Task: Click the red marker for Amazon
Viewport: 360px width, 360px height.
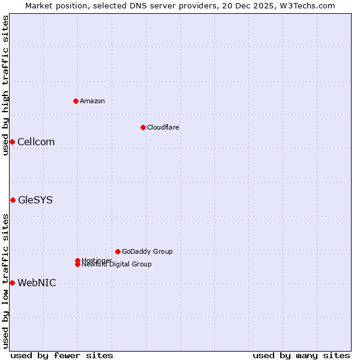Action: tap(76, 101)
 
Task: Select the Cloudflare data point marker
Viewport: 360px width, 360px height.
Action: tap(143, 127)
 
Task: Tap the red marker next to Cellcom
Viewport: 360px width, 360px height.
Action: tap(12, 142)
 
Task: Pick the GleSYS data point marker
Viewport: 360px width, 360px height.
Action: tap(13, 200)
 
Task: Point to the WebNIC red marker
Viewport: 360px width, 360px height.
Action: tap(12, 283)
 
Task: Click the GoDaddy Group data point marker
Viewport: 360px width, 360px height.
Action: tap(118, 251)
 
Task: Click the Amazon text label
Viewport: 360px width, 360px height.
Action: tap(92, 101)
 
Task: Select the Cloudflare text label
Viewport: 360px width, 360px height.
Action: tap(163, 127)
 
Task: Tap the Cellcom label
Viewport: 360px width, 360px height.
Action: tap(36, 142)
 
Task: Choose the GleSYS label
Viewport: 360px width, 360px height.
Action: tap(35, 200)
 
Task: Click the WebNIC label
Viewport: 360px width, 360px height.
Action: tap(37, 283)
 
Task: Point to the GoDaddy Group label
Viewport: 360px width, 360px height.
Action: tap(147, 251)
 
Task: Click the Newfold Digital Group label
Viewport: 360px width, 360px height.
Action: tap(117, 265)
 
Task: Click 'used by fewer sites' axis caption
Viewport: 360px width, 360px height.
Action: tap(62, 355)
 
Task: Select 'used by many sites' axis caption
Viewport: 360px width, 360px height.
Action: tap(301, 355)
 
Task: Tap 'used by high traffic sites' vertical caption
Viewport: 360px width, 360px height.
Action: tap(5, 85)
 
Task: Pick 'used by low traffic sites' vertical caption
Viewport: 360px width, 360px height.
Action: tap(5, 281)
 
